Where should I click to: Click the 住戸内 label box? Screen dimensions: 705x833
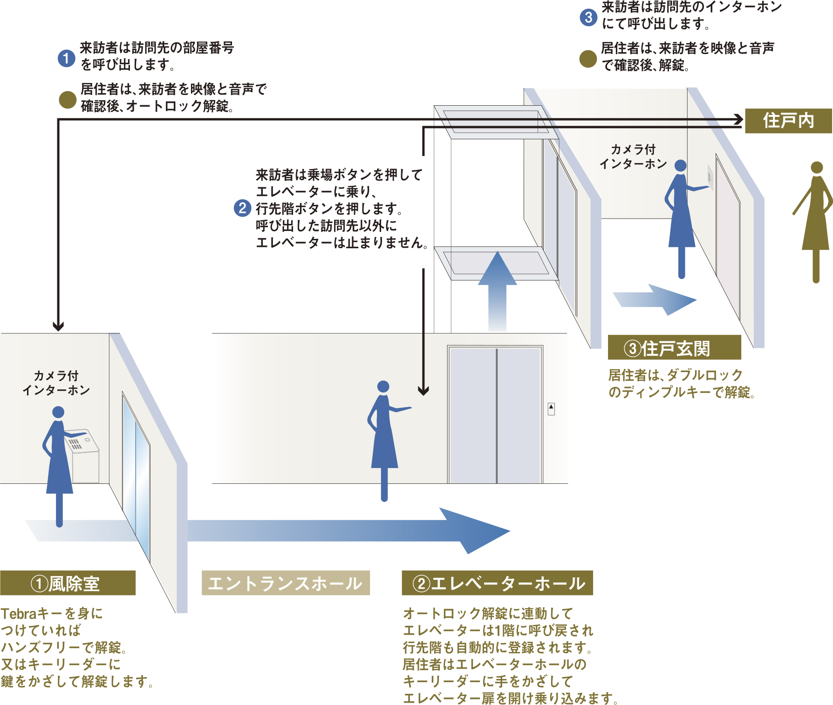click(x=788, y=121)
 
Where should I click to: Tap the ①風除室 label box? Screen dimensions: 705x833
click(x=68, y=583)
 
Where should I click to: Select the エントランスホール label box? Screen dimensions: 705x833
click(x=286, y=583)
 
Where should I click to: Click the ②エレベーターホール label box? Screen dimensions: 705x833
click(x=497, y=583)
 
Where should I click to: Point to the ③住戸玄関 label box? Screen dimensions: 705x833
click(x=674, y=348)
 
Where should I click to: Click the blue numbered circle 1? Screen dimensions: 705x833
click(x=67, y=58)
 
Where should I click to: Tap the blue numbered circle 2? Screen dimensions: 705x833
click(x=242, y=208)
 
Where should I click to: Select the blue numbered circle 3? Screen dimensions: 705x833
click(x=588, y=17)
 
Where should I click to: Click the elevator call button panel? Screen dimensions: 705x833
click(x=551, y=409)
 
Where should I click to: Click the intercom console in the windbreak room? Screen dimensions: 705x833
click(x=83, y=454)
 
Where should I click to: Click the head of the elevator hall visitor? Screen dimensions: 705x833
click(x=383, y=386)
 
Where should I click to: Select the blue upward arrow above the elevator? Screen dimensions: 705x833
click(x=497, y=289)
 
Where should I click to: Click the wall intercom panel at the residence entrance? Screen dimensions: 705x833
click(x=710, y=177)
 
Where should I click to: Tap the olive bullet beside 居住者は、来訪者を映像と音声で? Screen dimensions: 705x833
click(x=68, y=100)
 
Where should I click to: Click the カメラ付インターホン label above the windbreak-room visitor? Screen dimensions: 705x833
click(x=56, y=383)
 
